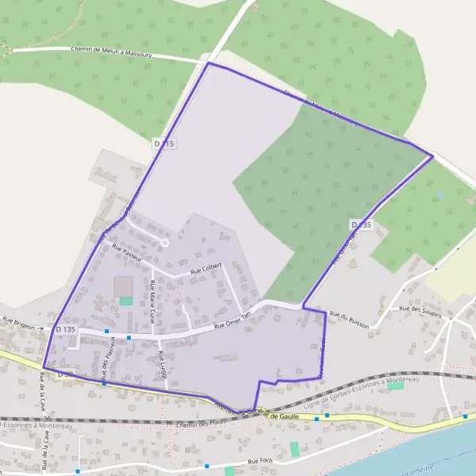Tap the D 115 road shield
point(163,144)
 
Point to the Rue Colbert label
point(206,270)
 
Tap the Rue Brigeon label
point(20,323)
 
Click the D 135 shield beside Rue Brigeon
point(66,328)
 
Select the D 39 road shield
point(64,373)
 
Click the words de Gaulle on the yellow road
point(287,416)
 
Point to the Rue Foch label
point(260,461)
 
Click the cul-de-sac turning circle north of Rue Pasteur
point(165,241)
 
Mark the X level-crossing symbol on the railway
point(48,418)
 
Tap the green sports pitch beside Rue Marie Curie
point(126,301)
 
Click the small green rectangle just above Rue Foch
point(295,449)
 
